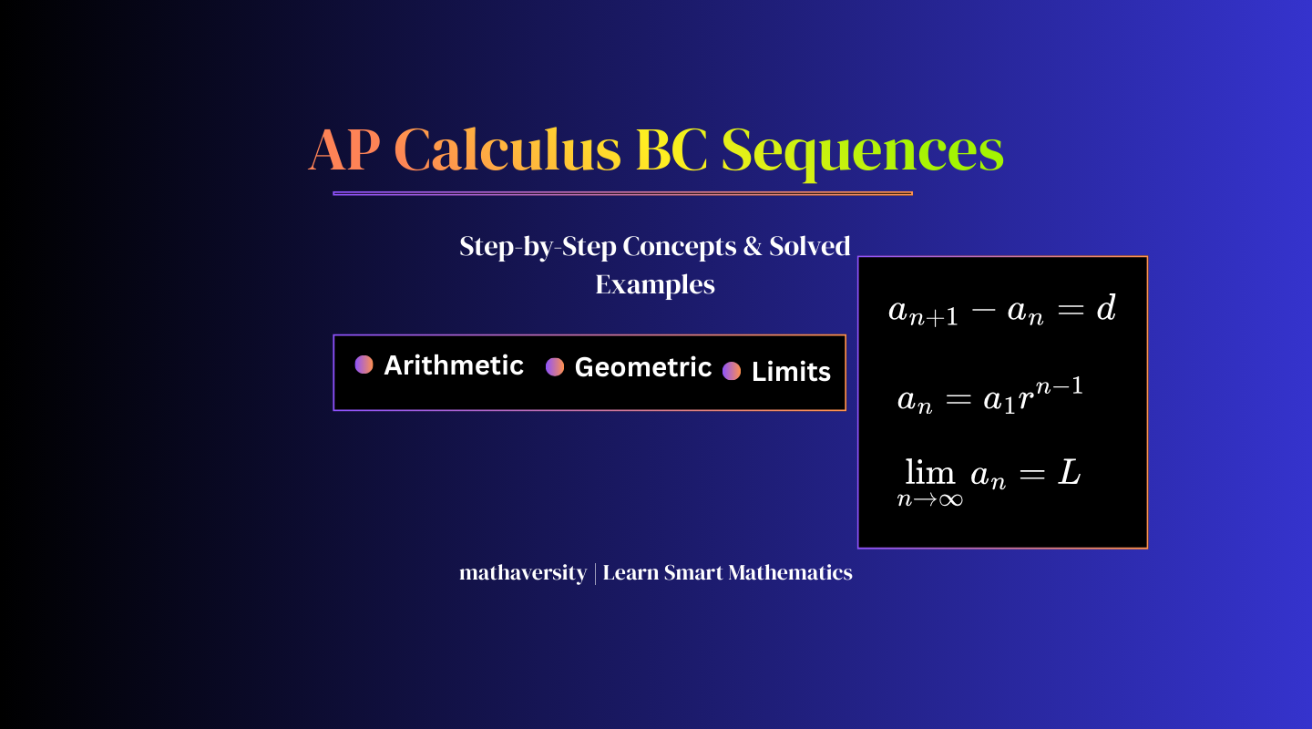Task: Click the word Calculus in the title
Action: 507,150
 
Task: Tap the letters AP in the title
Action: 343,150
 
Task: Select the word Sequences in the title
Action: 862,153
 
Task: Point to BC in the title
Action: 671,150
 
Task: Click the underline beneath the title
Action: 622,193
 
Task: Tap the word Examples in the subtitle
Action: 655,285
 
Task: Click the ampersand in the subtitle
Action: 752,246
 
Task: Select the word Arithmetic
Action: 454,365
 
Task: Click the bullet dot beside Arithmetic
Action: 364,364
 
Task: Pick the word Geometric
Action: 642,368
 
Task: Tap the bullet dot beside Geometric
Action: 555,367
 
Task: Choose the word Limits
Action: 791,372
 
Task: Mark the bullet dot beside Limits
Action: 732,371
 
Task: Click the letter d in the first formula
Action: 1106,308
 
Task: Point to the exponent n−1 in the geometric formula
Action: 1059,386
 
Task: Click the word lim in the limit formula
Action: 930,472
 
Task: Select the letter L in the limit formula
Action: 1069,472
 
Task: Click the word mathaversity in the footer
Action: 522,573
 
